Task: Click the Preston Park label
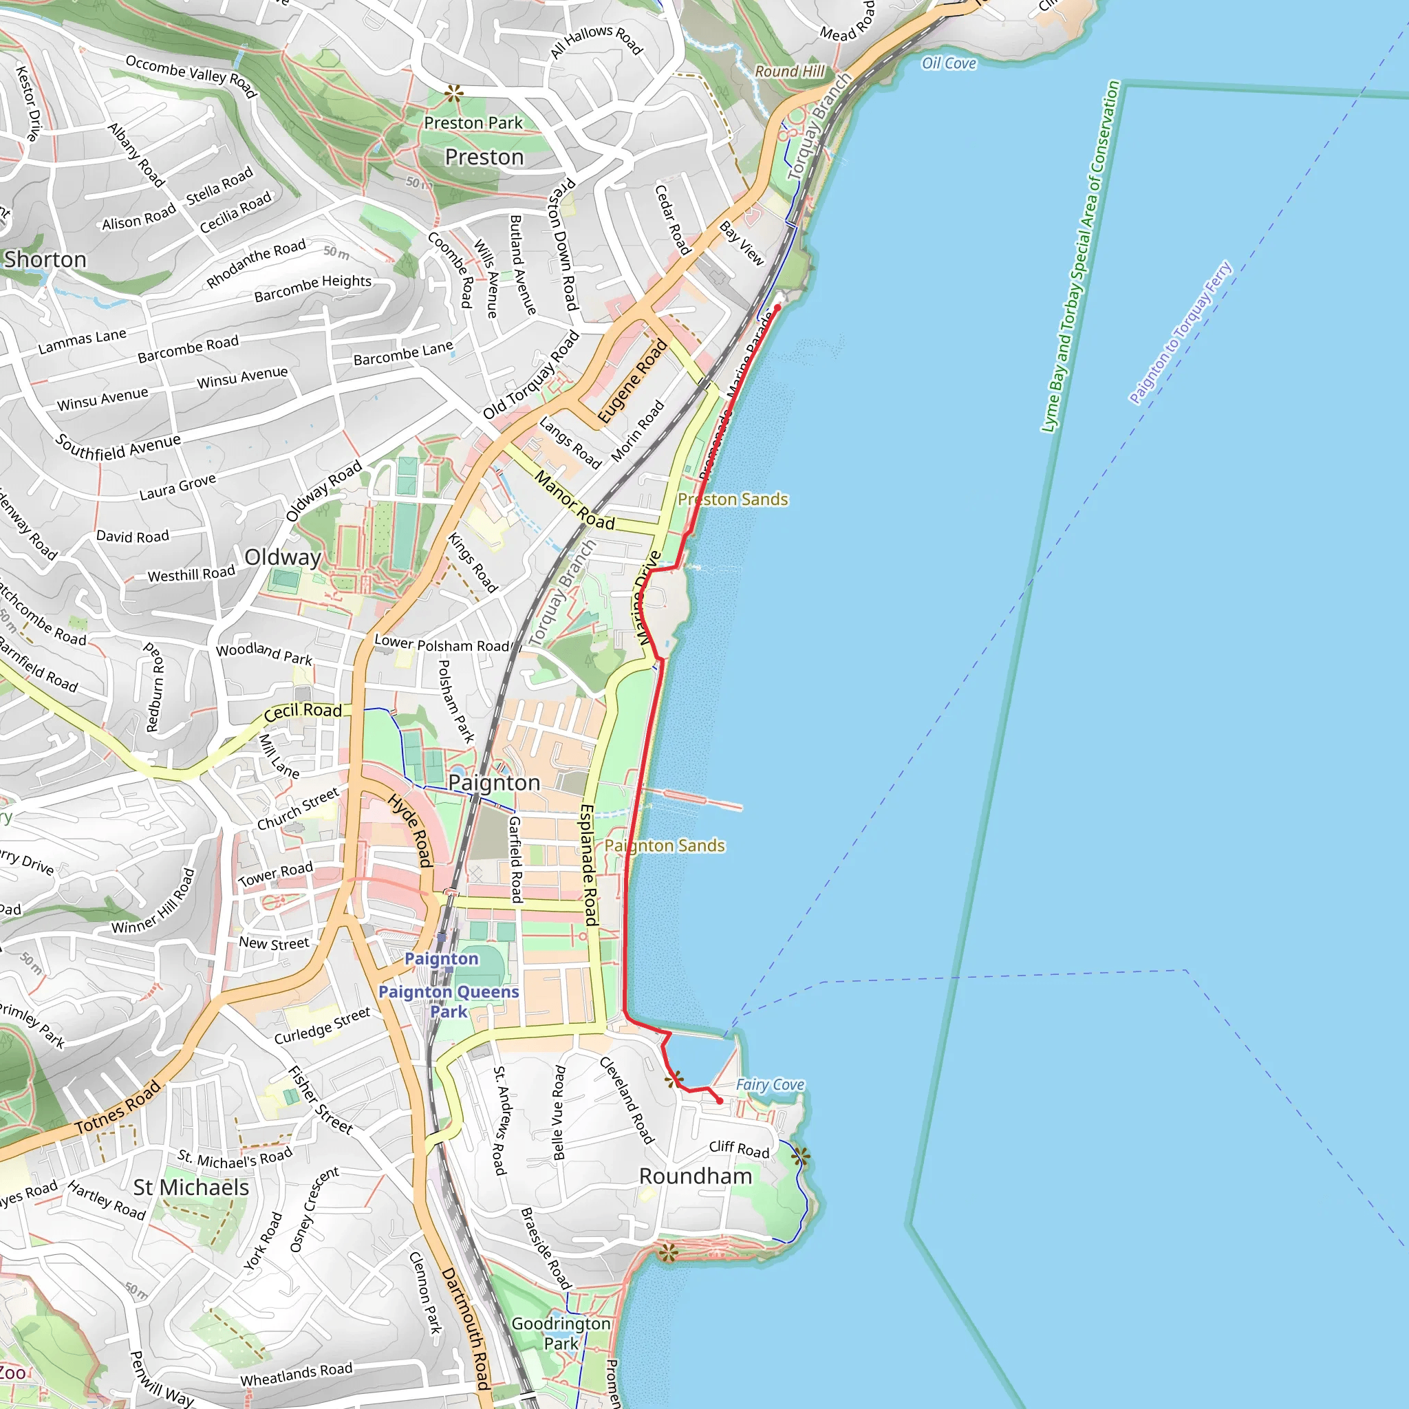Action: pyautogui.click(x=473, y=122)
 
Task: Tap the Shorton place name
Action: pyautogui.click(x=45, y=259)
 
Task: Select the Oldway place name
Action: pyautogui.click(x=283, y=557)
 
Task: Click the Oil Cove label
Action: pyautogui.click(x=949, y=63)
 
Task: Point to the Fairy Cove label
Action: pyautogui.click(x=769, y=1084)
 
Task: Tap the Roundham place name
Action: pyautogui.click(x=695, y=1176)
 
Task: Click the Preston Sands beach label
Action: pyautogui.click(x=733, y=499)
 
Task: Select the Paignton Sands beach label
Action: pyautogui.click(x=665, y=846)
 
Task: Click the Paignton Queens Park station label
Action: pyautogui.click(x=449, y=1000)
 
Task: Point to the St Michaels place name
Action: pyautogui.click(x=191, y=1187)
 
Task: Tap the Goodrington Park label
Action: pyautogui.click(x=561, y=1333)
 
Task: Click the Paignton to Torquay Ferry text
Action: pyautogui.click(x=1179, y=332)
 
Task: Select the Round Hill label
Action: pyautogui.click(x=790, y=72)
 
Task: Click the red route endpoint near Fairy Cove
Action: pyautogui.click(x=720, y=1101)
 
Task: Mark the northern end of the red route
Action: pyautogui.click(x=777, y=308)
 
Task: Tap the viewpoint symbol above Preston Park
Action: pyautogui.click(x=453, y=93)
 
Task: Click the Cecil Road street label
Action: pyautogui.click(x=303, y=711)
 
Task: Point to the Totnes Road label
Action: pyautogui.click(x=118, y=1108)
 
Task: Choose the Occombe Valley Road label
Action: pyautogui.click(x=191, y=76)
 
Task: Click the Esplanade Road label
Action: pyautogui.click(x=588, y=865)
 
